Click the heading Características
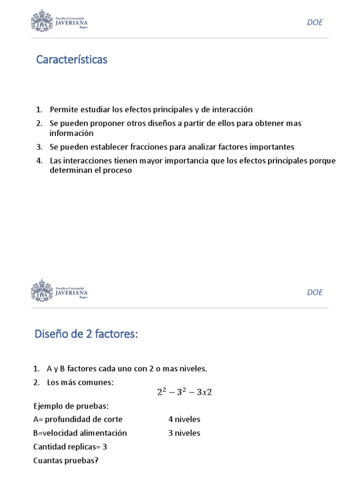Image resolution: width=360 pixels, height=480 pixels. [72, 60]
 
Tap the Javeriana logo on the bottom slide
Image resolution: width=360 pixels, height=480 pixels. [60, 291]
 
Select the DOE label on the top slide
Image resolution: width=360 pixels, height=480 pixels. [315, 22]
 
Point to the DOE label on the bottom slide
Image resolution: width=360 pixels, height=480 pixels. [315, 292]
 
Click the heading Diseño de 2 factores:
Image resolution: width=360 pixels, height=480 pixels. [87, 335]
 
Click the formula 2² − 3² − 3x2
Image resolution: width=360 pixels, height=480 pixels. [184, 392]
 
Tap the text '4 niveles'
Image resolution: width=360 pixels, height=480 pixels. [184, 419]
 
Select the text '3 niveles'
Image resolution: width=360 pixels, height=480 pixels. [184, 433]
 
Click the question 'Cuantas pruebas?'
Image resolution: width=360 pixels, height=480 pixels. [66, 460]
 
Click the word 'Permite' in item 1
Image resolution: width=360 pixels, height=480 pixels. [63, 110]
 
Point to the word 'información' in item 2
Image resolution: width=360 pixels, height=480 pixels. [72, 133]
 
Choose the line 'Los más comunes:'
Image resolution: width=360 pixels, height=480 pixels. [80, 382]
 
